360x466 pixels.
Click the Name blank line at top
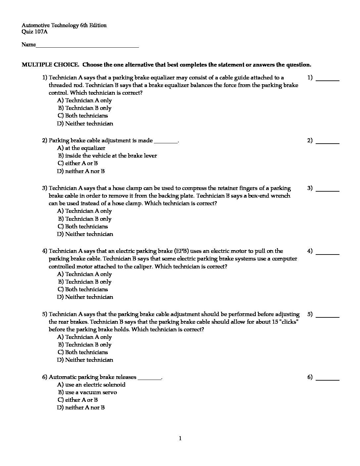87,46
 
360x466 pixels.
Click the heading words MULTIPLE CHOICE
50,65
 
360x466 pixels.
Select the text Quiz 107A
35,32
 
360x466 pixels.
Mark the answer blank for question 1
328,79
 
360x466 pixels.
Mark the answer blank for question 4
328,253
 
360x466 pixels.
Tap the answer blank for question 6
328,379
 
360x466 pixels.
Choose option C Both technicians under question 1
83,116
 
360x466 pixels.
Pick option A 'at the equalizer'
81,148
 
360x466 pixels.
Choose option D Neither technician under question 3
85,234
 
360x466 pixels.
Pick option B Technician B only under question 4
85,282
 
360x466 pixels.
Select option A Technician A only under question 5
85,337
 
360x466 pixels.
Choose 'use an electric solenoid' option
91,385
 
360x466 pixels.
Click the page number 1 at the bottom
180,439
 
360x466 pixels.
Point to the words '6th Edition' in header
93,25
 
